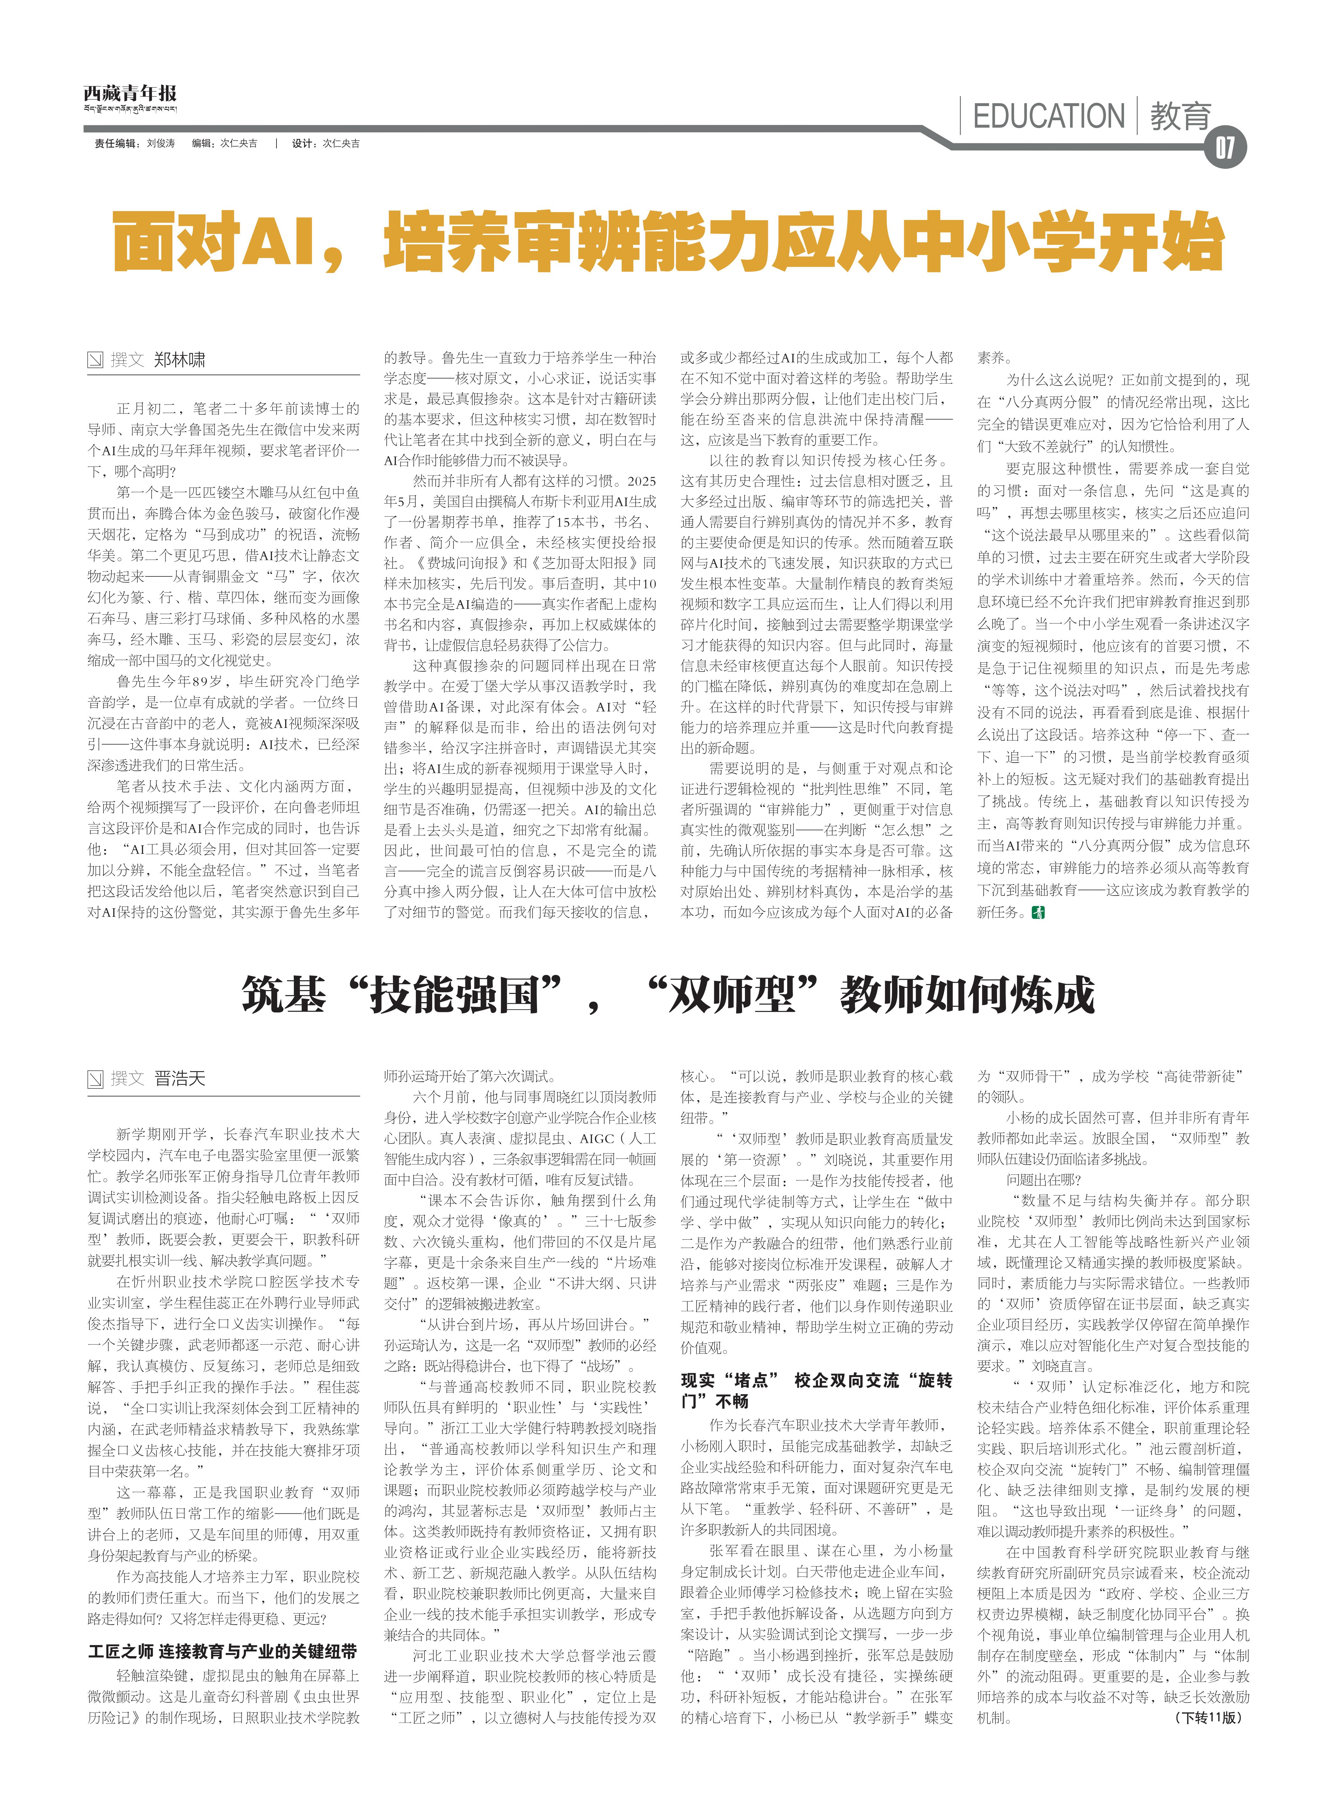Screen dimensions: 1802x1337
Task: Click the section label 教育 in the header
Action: point(1180,117)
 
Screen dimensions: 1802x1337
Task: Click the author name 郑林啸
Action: point(180,360)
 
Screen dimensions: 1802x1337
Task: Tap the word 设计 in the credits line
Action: point(303,143)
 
